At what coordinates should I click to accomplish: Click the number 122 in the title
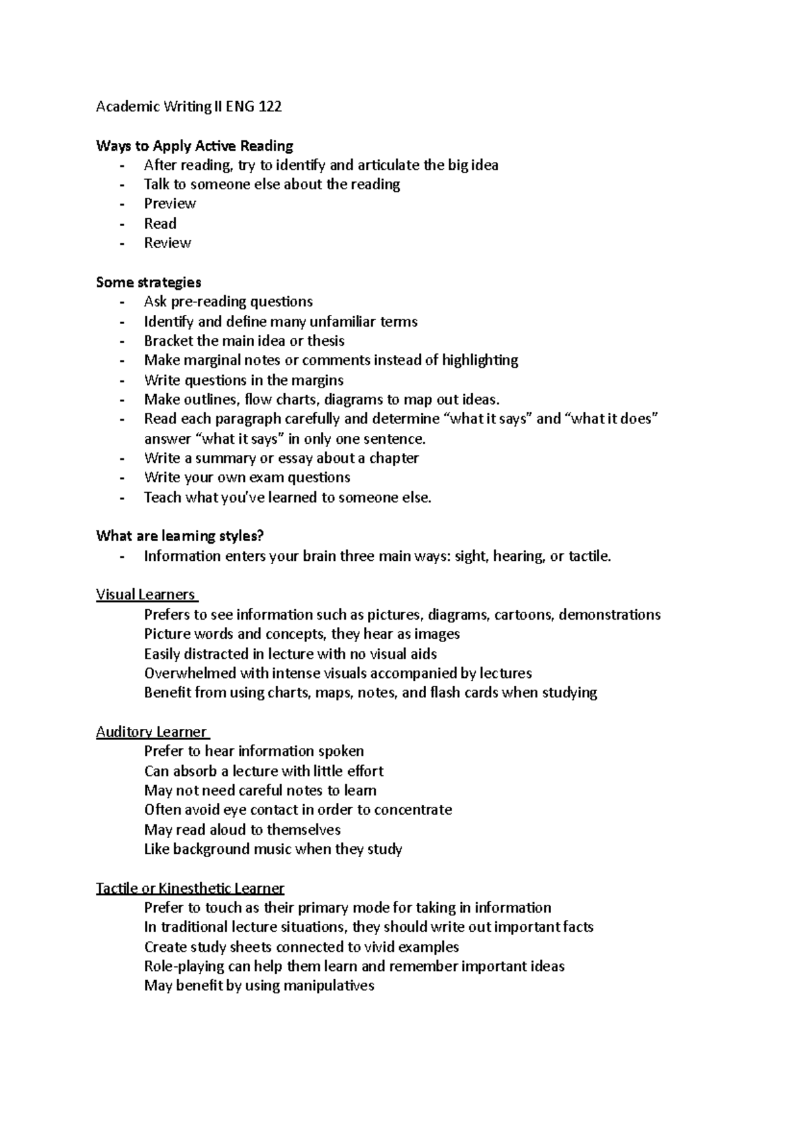pos(270,106)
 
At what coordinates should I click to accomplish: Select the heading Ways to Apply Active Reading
pos(195,146)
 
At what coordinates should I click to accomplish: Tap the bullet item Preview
pos(170,204)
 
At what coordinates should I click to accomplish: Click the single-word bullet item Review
pos(167,243)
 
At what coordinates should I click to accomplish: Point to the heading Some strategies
pos(148,282)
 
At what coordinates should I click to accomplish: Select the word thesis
pos(326,341)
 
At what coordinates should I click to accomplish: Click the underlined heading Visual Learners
pos(146,595)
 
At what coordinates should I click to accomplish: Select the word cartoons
pos(522,615)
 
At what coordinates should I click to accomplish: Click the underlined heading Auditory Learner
pos(152,732)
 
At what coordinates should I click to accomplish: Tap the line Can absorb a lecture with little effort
pos(263,771)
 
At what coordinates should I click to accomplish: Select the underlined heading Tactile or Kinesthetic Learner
pos(190,888)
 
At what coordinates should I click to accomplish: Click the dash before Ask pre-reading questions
pos(122,302)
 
